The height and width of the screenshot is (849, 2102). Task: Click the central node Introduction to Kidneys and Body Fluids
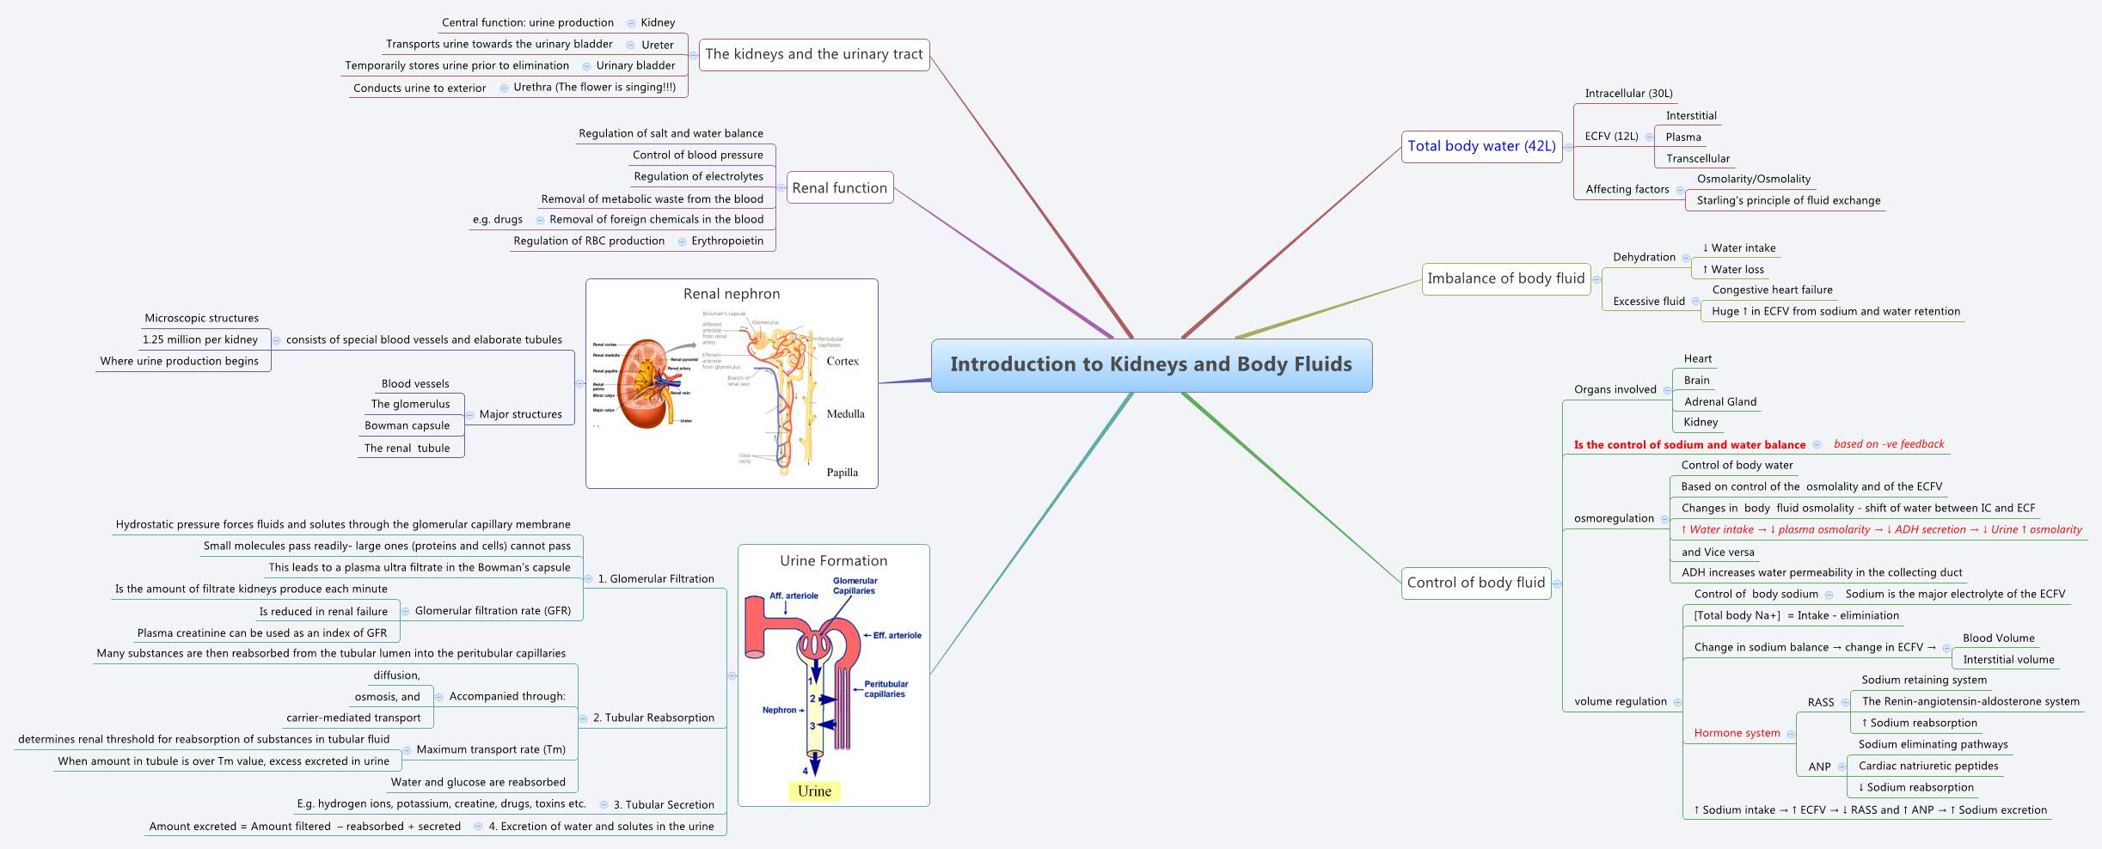click(1151, 364)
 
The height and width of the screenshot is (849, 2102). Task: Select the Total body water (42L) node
click(1480, 146)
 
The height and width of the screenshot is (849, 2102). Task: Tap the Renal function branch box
click(839, 188)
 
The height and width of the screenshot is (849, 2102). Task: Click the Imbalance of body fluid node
click(1505, 278)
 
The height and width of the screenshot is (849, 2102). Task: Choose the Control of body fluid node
click(1476, 583)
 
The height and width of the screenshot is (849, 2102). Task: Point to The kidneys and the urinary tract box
click(813, 54)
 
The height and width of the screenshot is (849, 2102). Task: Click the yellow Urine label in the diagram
click(813, 791)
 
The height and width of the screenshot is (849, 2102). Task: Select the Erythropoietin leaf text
click(727, 241)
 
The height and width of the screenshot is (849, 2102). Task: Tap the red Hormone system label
click(1737, 733)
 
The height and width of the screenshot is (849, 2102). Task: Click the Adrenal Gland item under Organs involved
click(1719, 401)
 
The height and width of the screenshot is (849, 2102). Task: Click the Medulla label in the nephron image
click(845, 414)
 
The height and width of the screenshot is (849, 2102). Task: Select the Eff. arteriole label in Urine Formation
click(896, 636)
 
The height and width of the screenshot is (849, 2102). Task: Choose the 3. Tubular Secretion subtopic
click(663, 805)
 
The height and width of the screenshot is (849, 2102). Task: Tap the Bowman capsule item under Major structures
click(407, 426)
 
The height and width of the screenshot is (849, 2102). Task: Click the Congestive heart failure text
click(1772, 290)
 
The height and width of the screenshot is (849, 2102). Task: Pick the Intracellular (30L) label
click(1628, 94)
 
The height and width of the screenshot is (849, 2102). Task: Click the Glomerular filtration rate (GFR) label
click(493, 611)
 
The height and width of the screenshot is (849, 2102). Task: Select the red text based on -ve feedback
click(1888, 444)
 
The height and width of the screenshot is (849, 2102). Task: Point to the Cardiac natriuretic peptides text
click(1927, 767)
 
